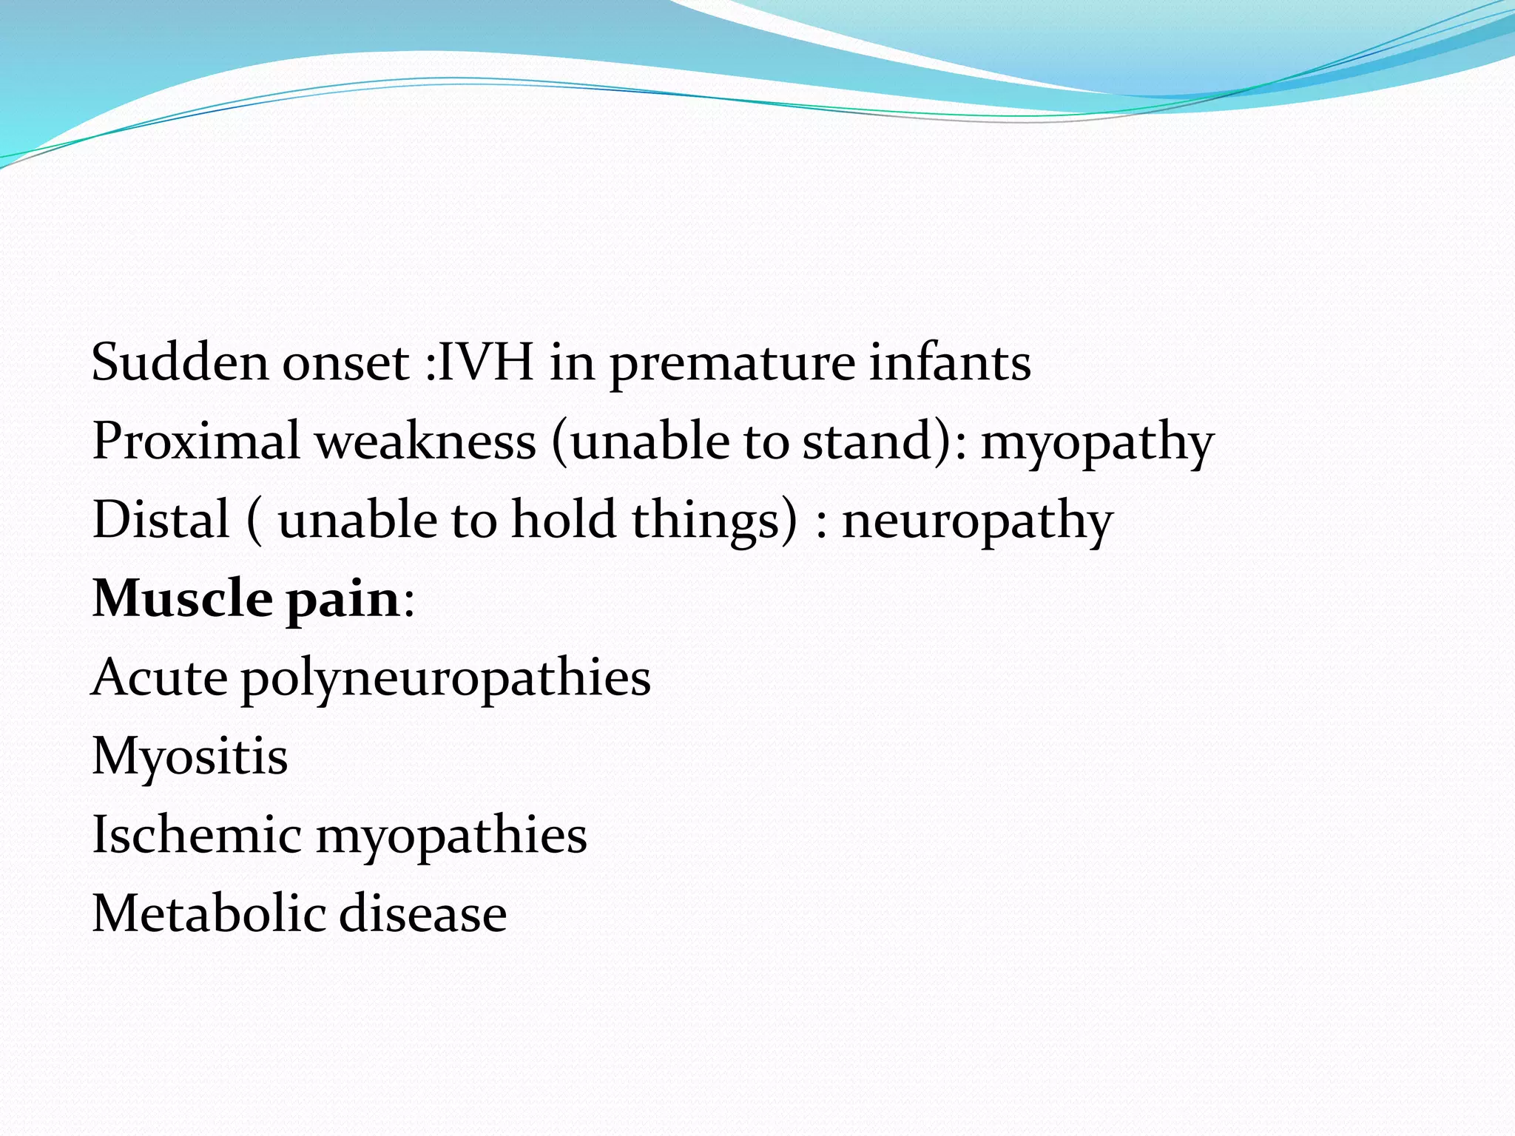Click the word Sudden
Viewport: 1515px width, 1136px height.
click(178, 362)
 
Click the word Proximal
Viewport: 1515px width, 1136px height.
click(196, 442)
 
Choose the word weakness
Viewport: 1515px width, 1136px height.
click(425, 442)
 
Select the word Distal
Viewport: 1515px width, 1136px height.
click(161, 519)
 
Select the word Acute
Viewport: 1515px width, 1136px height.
click(159, 677)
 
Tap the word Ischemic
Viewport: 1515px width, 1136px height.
click(196, 834)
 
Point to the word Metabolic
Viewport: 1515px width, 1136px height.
click(207, 913)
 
